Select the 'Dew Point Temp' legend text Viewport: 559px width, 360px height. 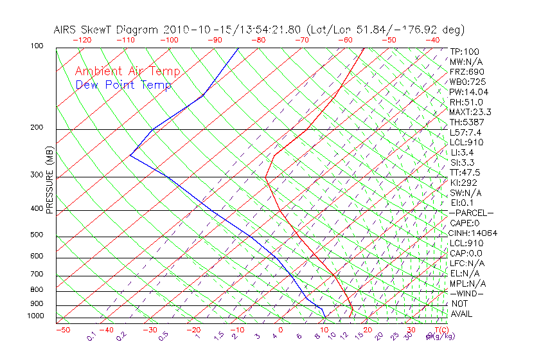[123, 85]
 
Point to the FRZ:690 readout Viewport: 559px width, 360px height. [467, 71]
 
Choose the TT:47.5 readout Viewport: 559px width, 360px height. [466, 172]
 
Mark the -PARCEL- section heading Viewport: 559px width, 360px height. [471, 213]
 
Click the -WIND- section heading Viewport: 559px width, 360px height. [466, 293]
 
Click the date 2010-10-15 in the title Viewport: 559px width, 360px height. [194, 30]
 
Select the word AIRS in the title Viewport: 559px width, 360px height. [66, 30]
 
